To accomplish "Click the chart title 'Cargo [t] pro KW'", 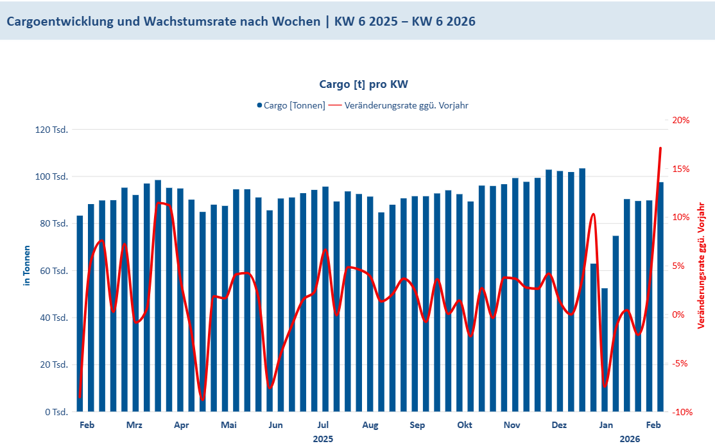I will (x=363, y=84).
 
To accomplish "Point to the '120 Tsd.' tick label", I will (x=53, y=130).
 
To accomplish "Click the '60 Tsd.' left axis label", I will (x=55, y=271).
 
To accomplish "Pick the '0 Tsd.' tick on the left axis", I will (x=57, y=412).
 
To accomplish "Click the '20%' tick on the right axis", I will (x=681, y=120).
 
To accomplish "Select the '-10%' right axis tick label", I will (x=680, y=412).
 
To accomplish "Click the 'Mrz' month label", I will (x=134, y=425).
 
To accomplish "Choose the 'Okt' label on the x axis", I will (x=465, y=425).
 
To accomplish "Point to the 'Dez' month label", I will (x=559, y=425).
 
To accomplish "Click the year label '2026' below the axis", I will (x=630, y=439).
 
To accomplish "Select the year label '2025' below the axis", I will (x=323, y=439).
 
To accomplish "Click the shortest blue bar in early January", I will (x=605, y=350).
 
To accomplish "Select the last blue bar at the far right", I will (x=661, y=296).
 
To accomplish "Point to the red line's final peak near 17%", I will (x=660, y=148).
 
